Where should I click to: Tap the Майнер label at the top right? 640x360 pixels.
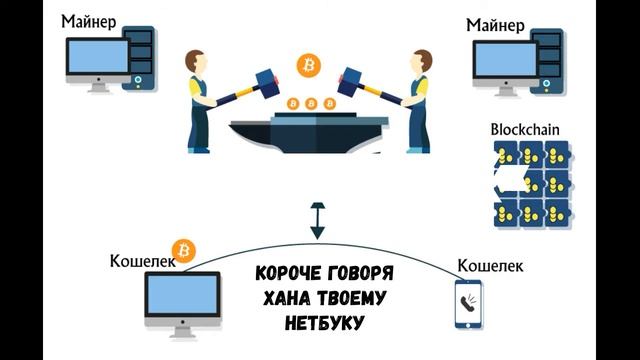(x=498, y=24)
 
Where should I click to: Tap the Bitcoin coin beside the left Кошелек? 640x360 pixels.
(x=183, y=249)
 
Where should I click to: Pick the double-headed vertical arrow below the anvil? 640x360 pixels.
(x=317, y=221)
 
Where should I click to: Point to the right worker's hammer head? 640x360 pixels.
(x=356, y=79)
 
